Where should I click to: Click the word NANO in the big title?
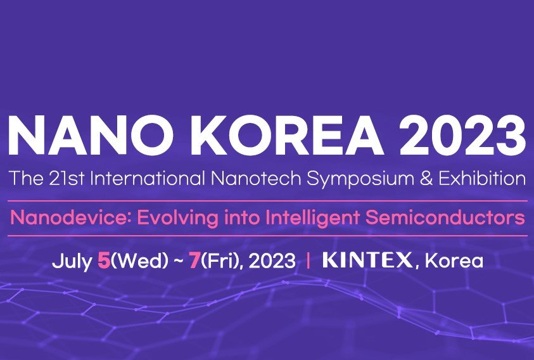[90, 135]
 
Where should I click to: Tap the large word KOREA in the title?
[287, 135]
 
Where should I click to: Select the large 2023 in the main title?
[463, 135]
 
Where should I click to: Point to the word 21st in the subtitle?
[67, 178]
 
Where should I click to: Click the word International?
[148, 178]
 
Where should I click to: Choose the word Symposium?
[360, 179]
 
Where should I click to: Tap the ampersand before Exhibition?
[426, 179]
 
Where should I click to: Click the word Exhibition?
[482, 178]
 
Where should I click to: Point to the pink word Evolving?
[177, 219]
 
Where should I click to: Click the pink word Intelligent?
[312, 219]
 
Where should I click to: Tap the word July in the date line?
[72, 262]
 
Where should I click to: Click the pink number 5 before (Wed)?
[104, 260]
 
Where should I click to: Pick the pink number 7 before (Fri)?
[194, 260]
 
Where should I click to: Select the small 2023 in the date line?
[272, 261]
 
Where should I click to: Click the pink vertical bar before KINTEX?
[308, 260]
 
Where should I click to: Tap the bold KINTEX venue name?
[367, 260]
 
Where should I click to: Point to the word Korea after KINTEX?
[454, 260]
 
